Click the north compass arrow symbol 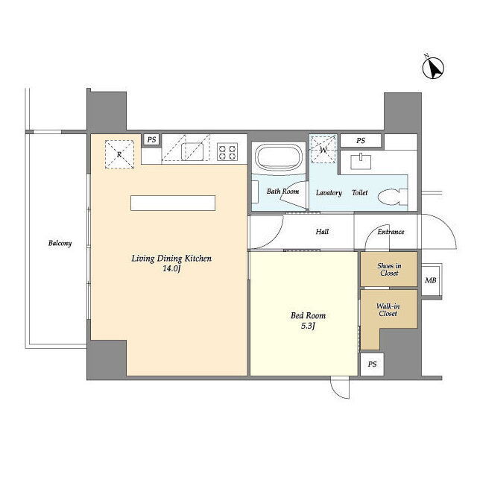[433, 68]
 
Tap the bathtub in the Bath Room [278, 157]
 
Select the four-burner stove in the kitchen [227, 152]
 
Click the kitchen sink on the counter [192, 152]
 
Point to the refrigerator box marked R [119, 154]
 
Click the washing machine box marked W [323, 150]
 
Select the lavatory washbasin [361, 161]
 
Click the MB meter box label [431, 280]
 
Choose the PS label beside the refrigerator [151, 139]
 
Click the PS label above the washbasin [361, 141]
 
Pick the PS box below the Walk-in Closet [372, 364]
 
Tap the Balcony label [60, 243]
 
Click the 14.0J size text [171, 268]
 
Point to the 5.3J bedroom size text [308, 326]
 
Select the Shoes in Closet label [389, 270]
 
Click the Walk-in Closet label [388, 310]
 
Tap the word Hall [322, 232]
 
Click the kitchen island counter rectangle [173, 203]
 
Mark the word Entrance [391, 232]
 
